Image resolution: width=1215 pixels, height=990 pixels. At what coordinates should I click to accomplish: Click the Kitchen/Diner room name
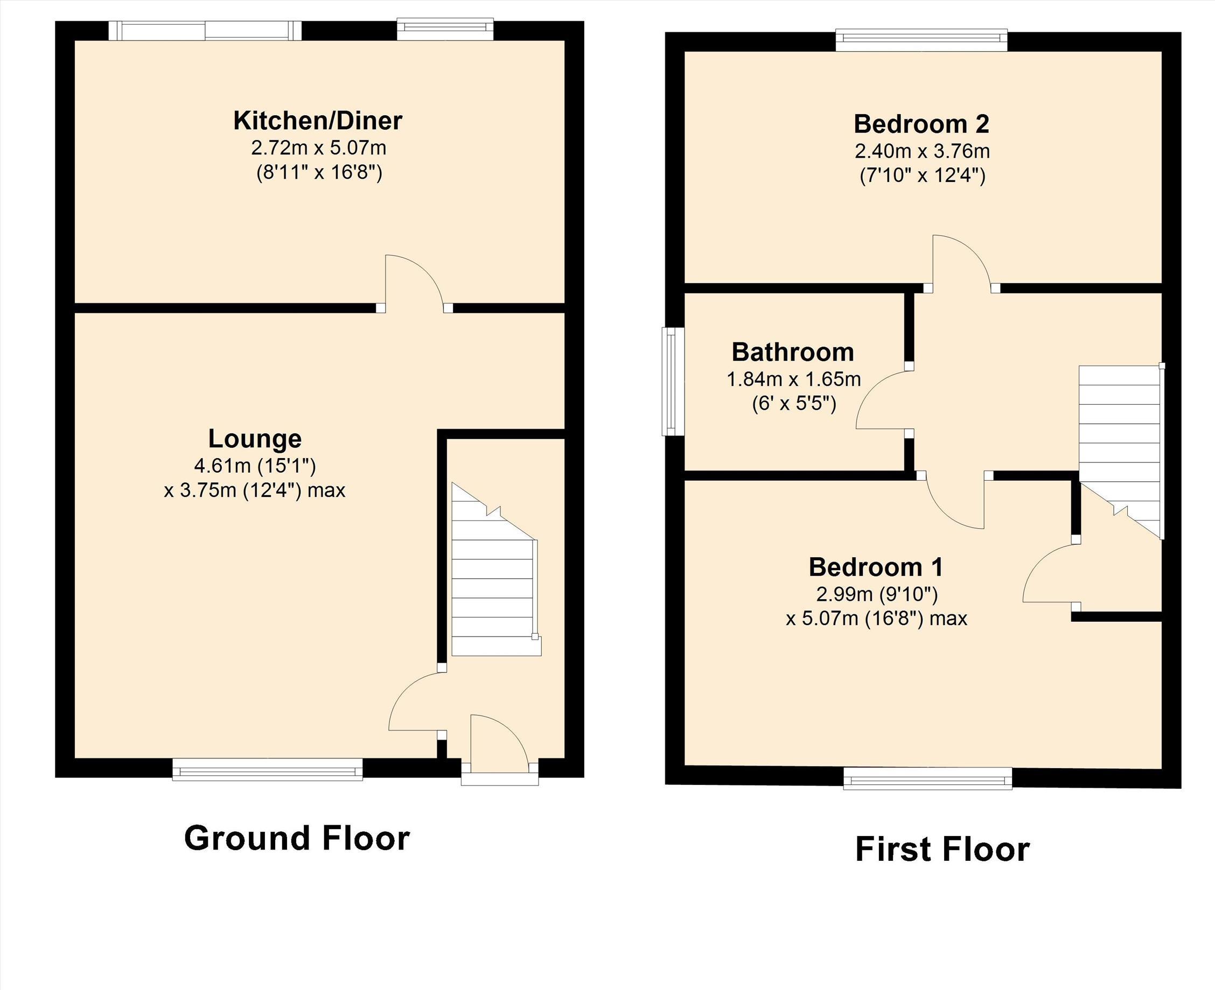coord(318,121)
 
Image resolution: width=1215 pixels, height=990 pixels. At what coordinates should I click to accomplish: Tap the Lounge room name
coord(254,439)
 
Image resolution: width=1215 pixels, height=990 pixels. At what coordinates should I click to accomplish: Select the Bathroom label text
coord(793,353)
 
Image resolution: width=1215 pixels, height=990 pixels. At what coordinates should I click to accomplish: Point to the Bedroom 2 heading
coord(922,124)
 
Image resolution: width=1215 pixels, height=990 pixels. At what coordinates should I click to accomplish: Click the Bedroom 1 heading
coord(876,567)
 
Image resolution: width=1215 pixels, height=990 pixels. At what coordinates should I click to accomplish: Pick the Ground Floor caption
coord(297,838)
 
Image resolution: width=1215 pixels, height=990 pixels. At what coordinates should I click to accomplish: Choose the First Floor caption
coord(942,849)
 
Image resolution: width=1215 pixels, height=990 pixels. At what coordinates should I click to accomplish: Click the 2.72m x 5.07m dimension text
coord(318,148)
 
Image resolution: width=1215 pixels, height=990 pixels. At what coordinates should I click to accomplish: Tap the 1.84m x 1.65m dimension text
coord(793,379)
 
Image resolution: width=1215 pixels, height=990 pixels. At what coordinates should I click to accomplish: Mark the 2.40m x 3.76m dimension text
coord(922,151)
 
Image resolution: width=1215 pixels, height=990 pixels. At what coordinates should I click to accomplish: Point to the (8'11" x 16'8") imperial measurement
coord(319,172)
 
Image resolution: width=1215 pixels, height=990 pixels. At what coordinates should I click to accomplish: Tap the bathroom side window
coord(673,381)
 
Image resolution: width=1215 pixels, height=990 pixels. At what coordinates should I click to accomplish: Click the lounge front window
coord(268,769)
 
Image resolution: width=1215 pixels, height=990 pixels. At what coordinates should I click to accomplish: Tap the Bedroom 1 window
coord(927,778)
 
